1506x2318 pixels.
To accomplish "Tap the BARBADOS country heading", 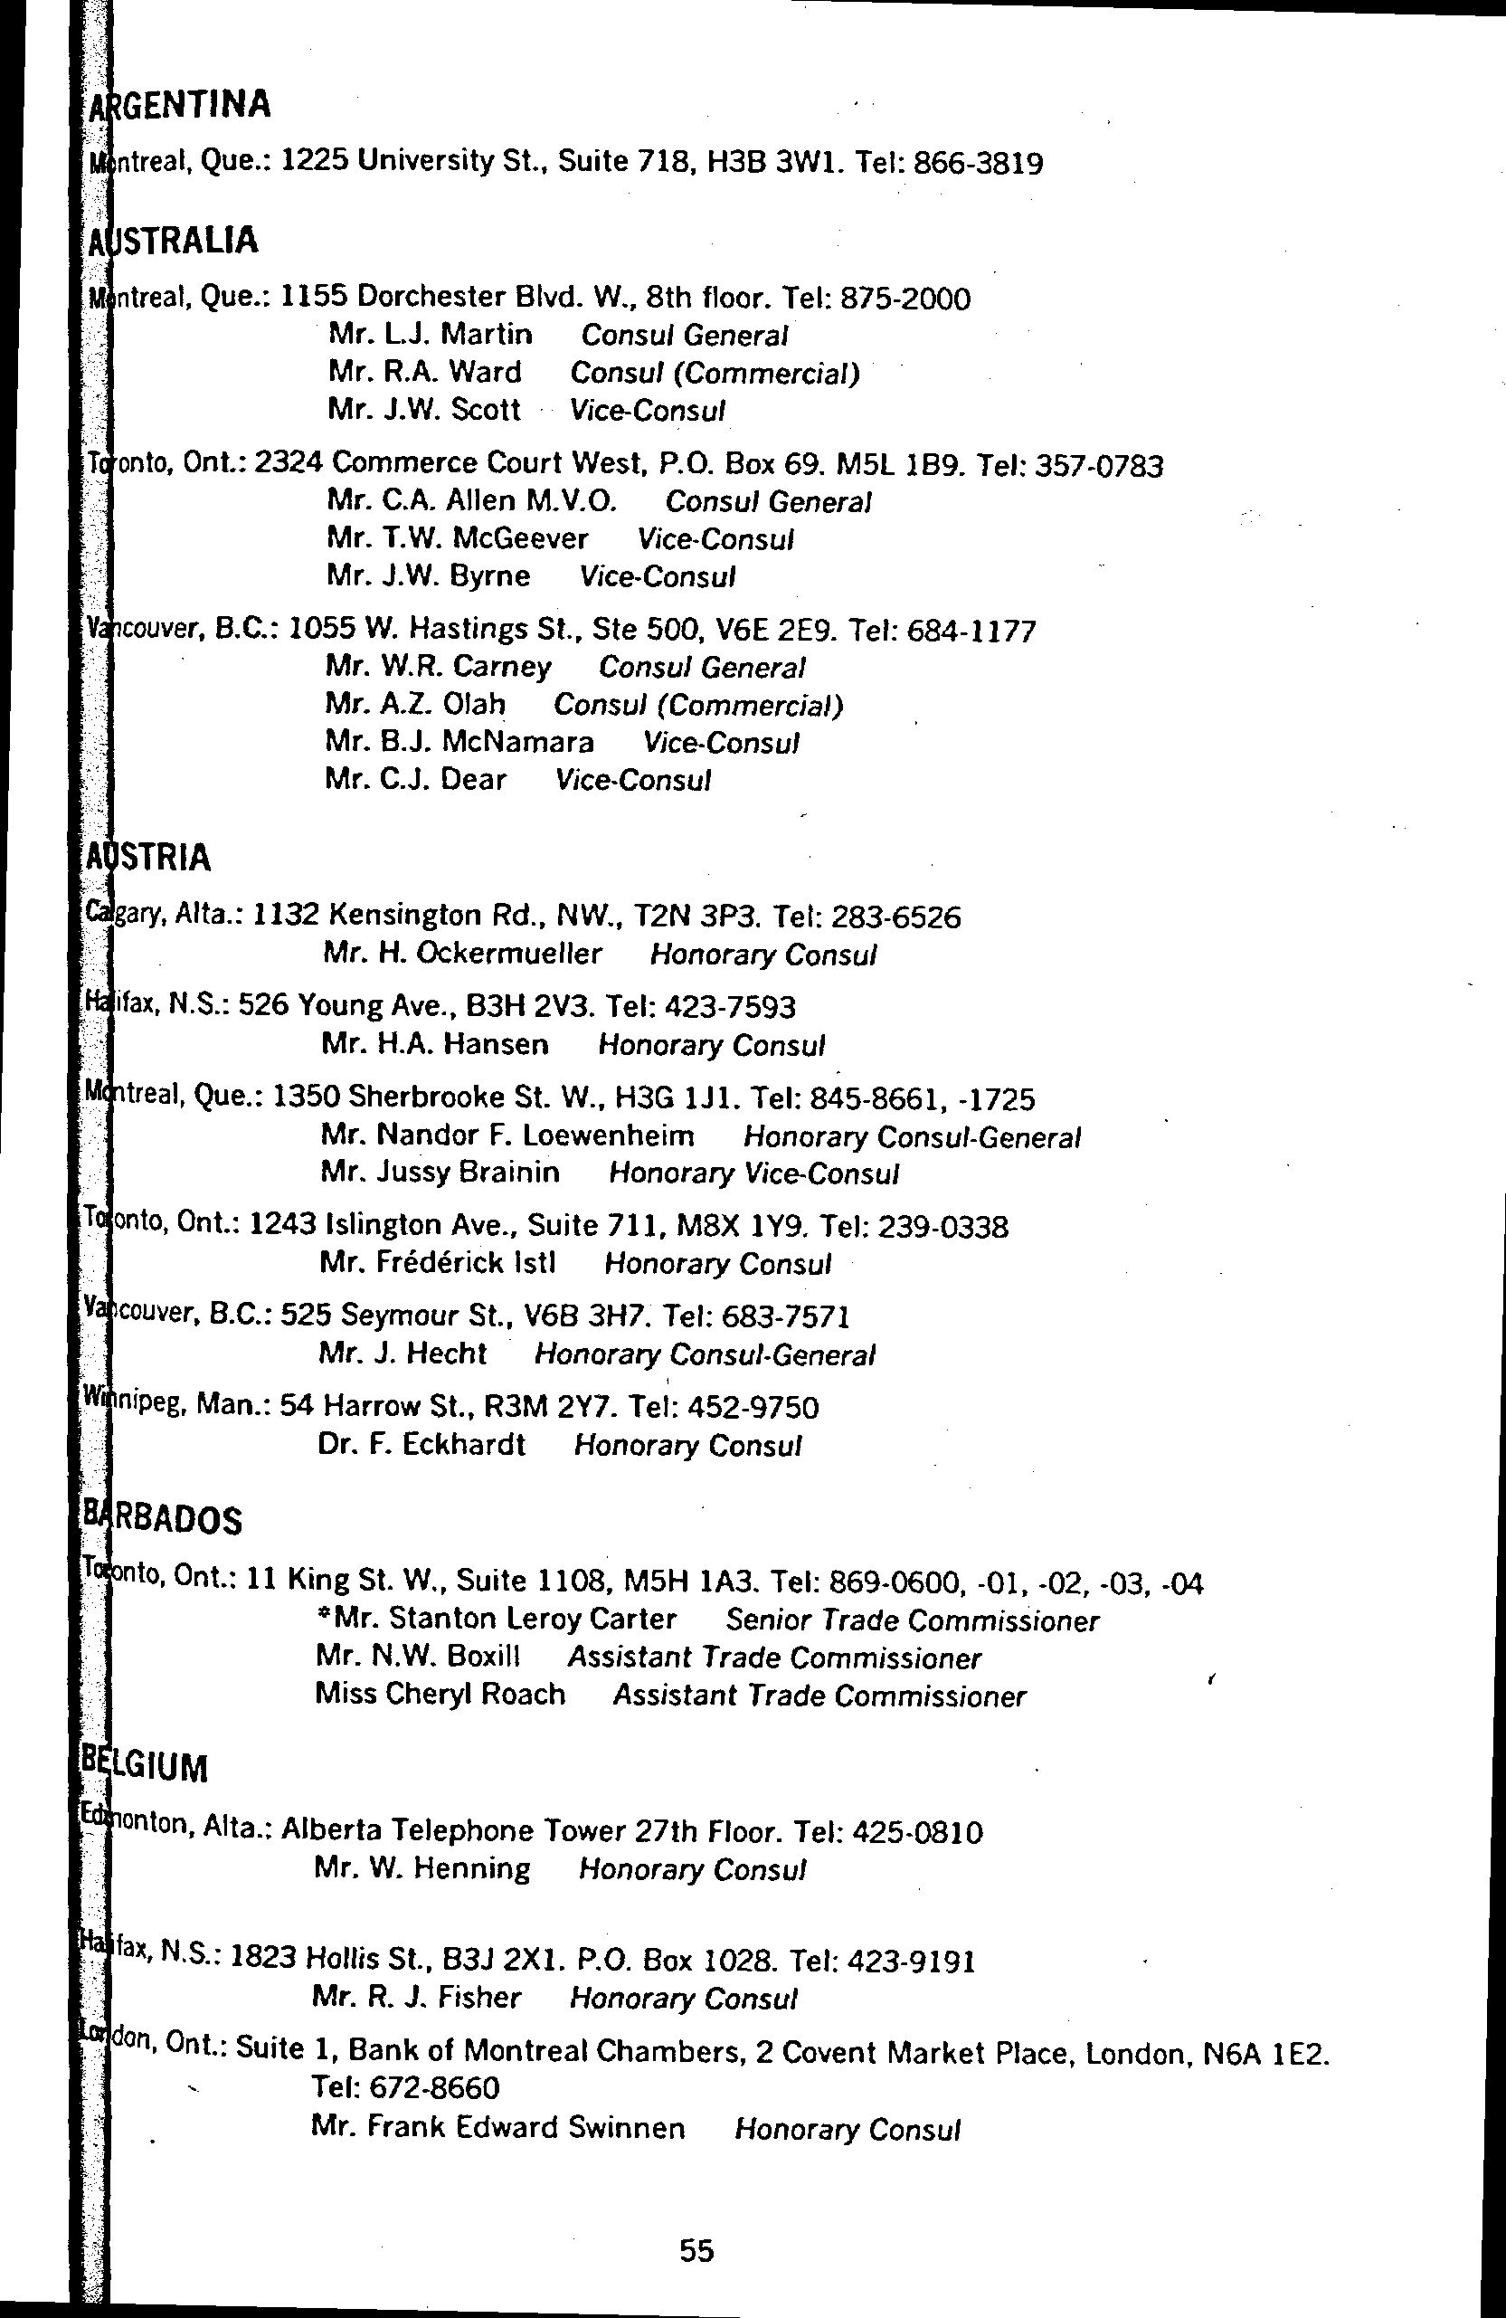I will [x=162, y=1519].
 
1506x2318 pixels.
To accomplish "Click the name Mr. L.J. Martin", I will [x=431, y=335].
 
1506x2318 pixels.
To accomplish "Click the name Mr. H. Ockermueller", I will [x=462, y=954].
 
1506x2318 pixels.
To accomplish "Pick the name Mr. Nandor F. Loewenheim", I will [x=507, y=1135].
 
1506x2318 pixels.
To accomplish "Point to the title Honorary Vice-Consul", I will [x=753, y=1173].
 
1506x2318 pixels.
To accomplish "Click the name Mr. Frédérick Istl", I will [x=437, y=1263].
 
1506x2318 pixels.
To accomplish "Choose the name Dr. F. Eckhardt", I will [x=421, y=1443].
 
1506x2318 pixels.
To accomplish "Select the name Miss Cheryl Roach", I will [x=440, y=1694].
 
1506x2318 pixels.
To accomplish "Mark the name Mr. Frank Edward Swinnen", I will [x=497, y=2128].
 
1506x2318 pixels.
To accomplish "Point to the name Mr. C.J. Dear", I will [x=416, y=779].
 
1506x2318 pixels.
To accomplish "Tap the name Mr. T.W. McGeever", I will [x=458, y=538].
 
